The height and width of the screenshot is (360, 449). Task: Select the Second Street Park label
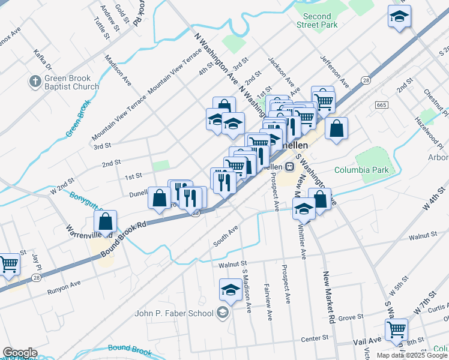pos(317,20)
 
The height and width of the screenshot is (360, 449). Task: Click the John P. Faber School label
pos(174,313)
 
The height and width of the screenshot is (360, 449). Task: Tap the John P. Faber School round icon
pos(223,313)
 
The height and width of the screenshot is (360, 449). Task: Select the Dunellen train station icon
pos(289,166)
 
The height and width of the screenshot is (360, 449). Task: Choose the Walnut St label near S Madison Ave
pos(233,263)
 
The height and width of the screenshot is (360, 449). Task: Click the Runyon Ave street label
pos(64,287)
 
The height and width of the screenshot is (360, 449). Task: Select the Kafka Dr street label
pos(43,59)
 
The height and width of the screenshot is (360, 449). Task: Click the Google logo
pos(20,353)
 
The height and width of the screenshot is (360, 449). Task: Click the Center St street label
pos(315,338)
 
